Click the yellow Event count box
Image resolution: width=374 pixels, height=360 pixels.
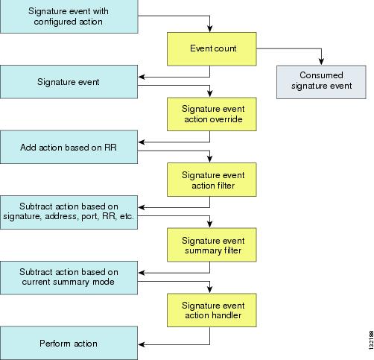tap(212, 49)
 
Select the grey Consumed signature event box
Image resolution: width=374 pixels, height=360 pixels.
tap(321, 82)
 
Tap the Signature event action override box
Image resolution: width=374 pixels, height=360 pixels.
tap(212, 114)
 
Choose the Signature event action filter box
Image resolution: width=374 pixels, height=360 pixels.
tap(212, 180)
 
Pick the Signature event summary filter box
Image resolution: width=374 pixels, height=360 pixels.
tap(212, 244)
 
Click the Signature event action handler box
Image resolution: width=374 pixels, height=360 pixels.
tap(212, 310)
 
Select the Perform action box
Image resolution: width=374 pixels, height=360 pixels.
tap(69, 343)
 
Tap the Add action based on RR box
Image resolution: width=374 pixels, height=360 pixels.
tap(69, 147)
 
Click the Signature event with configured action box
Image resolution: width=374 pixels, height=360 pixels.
tap(69, 16)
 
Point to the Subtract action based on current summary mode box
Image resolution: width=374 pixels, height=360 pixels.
tap(69, 278)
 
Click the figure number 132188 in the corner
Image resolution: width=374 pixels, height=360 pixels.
tap(371, 340)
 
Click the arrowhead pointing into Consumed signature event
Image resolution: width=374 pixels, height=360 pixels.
tap(321, 62)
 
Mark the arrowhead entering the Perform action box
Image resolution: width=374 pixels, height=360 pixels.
tap(142, 344)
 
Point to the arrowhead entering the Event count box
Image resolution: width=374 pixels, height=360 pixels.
tap(210, 29)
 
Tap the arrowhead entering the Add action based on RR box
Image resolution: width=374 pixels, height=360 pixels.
tap(142, 142)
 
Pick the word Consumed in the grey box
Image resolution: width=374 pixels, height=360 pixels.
tap(321, 75)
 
